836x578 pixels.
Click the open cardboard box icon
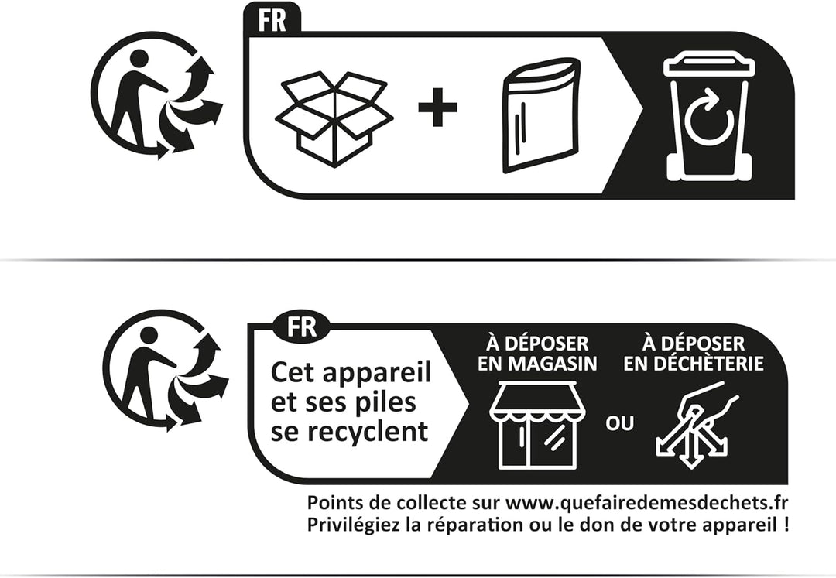334,119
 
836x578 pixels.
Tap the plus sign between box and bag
437,107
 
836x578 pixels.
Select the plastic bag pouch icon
540,115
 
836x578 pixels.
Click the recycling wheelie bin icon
710,116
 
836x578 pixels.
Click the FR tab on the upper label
272,20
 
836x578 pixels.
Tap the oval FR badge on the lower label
302,326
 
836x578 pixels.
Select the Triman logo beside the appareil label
166,371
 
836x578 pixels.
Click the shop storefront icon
537,425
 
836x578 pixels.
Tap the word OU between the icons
619,424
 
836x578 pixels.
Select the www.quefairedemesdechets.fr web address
646,503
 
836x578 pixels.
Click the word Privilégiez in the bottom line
353,525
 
